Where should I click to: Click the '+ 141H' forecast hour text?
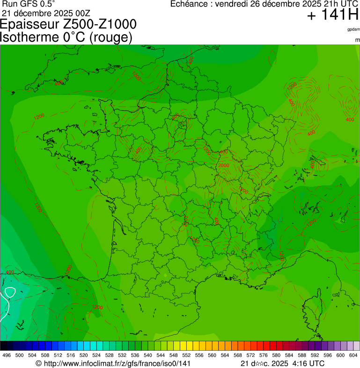[332, 15]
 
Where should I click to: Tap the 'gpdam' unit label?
[353, 29]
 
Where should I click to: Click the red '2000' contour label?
[224, 165]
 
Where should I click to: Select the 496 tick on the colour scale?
[7, 355]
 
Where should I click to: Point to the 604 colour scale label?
[353, 355]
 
